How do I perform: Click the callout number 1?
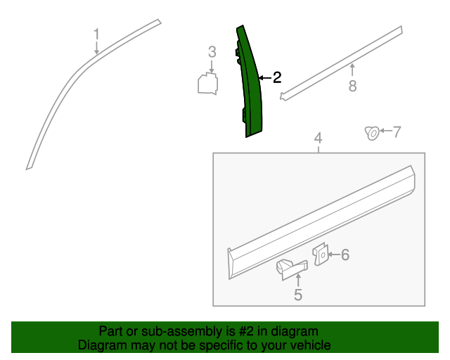pyautogui.click(x=97, y=34)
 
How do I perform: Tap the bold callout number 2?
pyautogui.click(x=277, y=77)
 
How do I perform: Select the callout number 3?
pyautogui.click(x=212, y=52)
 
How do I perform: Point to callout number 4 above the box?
pyautogui.click(x=318, y=138)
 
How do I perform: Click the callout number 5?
pyautogui.click(x=298, y=295)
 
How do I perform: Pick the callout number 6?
pyautogui.click(x=345, y=255)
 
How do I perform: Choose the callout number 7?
pyautogui.click(x=397, y=131)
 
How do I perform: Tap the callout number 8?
pyautogui.click(x=353, y=86)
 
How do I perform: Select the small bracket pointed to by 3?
pyautogui.click(x=208, y=84)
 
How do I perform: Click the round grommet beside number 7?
pyautogui.click(x=372, y=133)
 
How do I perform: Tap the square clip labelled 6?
pyautogui.click(x=321, y=255)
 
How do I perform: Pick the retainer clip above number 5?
pyautogui.click(x=291, y=269)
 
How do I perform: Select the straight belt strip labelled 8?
pyautogui.click(x=342, y=63)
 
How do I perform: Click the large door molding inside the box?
pyautogui.click(x=321, y=222)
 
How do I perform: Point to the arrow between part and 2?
pyautogui.click(x=265, y=78)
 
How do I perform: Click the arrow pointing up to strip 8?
pyautogui.click(x=352, y=70)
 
